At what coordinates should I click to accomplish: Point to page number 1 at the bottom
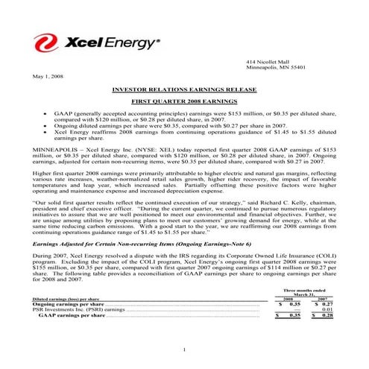pyautogui.click(x=183, y=350)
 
